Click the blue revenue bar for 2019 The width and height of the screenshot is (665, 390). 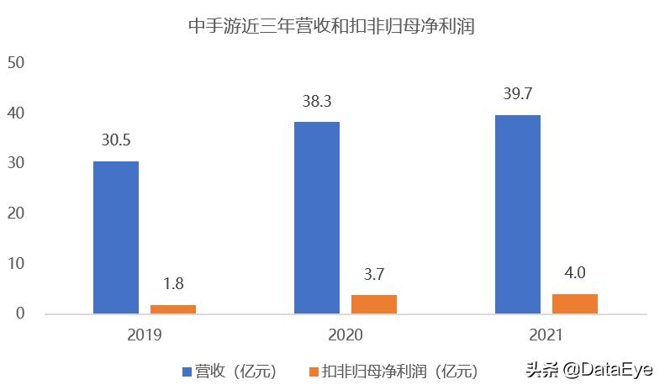click(116, 237)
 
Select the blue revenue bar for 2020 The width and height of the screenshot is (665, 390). click(317, 218)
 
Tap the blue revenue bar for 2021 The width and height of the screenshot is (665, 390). click(518, 214)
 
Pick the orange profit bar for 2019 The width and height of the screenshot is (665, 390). click(173, 309)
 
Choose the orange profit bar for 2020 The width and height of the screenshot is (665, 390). click(374, 304)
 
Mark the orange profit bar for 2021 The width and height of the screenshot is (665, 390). click(575, 303)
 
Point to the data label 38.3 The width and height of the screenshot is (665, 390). click(317, 102)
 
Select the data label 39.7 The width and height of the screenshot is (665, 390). click(518, 95)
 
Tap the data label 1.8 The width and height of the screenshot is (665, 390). click(173, 285)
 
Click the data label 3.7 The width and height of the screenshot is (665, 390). click(374, 275)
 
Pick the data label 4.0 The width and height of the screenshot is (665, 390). click(575, 273)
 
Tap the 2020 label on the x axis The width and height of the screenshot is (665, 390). click(346, 335)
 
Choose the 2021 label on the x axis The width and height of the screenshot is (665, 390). click(546, 335)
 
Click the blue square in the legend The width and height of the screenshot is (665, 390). click(187, 371)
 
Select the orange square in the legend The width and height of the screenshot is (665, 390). click(314, 371)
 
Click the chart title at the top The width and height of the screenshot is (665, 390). click(331, 27)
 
